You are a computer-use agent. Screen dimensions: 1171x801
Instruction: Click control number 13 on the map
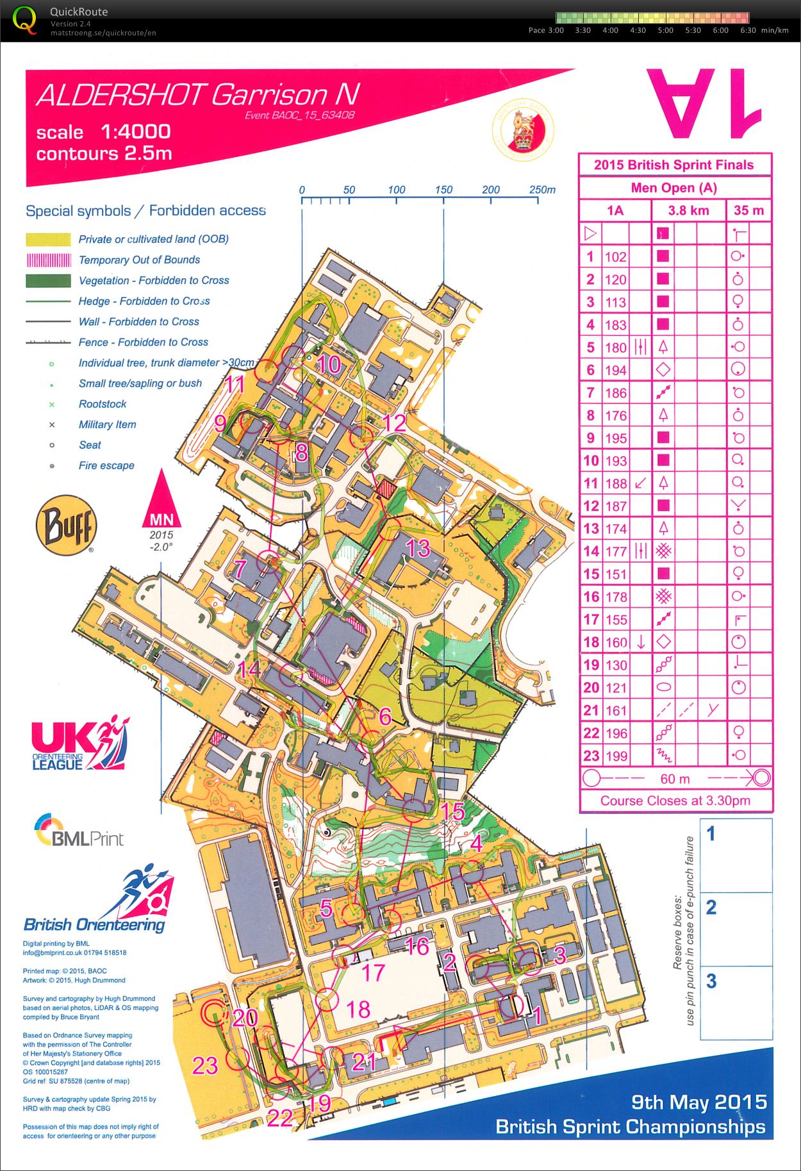418,549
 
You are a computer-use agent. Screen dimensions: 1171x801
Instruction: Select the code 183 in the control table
615,325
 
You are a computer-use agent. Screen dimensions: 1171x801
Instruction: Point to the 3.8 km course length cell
688,210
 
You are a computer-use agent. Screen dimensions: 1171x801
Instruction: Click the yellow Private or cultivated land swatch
48,240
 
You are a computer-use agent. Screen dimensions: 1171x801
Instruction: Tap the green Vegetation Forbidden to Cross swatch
48,281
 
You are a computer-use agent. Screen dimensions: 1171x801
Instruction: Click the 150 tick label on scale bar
443,190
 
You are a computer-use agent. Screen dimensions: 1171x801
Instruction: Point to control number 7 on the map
240,569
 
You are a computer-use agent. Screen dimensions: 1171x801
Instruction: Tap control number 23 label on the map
206,1065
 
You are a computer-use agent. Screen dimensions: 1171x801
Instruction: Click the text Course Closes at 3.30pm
675,801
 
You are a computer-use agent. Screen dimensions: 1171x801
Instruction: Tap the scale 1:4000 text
103,132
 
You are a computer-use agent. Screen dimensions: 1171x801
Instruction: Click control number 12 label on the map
395,422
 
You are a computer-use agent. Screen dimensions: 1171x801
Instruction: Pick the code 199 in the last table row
615,756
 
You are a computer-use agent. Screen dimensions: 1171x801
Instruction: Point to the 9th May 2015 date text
698,1102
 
